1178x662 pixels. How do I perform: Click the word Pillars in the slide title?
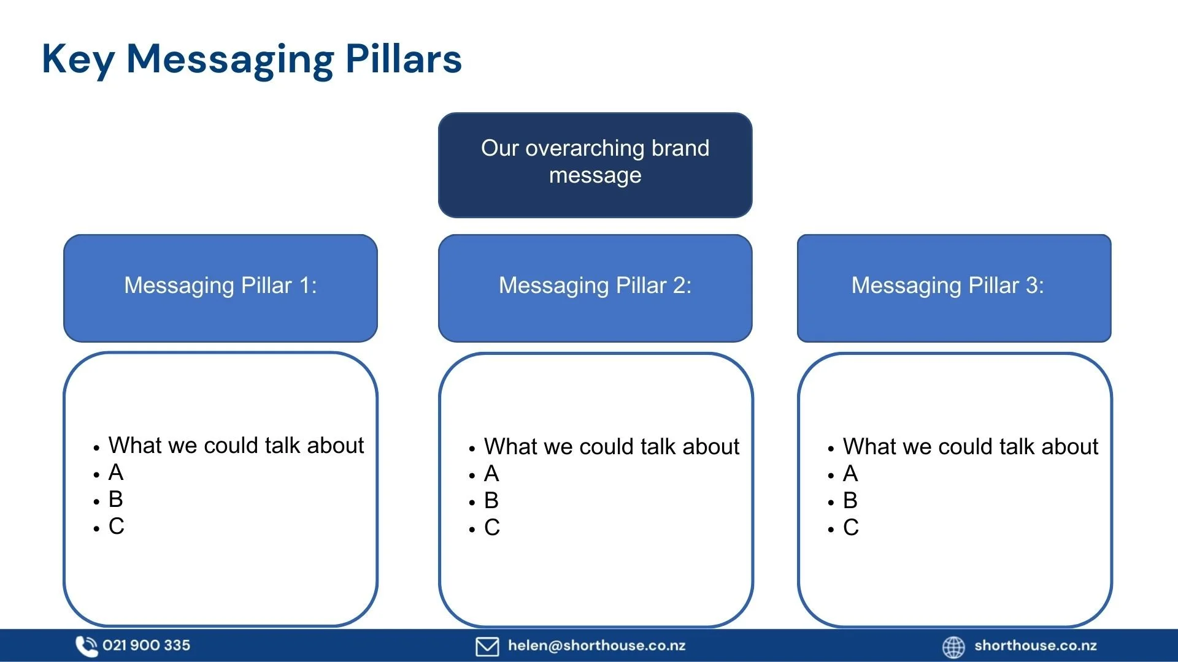[x=403, y=59]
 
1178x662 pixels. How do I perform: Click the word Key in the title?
[x=78, y=60]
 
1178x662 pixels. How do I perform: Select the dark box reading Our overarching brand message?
[x=595, y=164]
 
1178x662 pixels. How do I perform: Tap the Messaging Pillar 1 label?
[x=220, y=286]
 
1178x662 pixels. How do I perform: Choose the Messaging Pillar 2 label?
[x=595, y=286]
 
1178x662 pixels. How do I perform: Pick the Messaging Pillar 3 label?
[x=947, y=286]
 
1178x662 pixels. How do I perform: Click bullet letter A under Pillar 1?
[x=116, y=473]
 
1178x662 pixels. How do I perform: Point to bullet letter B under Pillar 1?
[x=116, y=500]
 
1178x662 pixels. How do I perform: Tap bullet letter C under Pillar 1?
[x=116, y=527]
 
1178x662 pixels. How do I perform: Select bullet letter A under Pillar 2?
[x=491, y=474]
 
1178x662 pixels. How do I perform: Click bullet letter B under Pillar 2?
[x=491, y=501]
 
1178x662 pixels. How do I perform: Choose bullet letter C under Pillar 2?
[x=492, y=528]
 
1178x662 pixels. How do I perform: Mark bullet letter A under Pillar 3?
[x=850, y=474]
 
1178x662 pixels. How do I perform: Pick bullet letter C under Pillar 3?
[x=851, y=528]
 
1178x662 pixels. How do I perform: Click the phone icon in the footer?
[x=86, y=646]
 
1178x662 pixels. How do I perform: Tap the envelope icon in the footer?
[x=487, y=647]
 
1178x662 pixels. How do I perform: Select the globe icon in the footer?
[x=953, y=647]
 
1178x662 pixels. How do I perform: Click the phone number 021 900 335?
[x=146, y=645]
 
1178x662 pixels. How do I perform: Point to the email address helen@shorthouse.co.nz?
[x=596, y=645]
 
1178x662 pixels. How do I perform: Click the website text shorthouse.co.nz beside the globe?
[x=1035, y=645]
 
